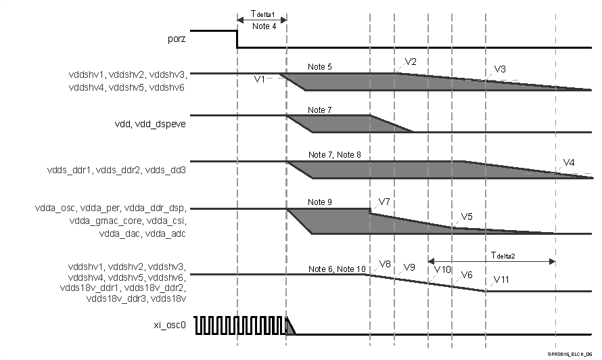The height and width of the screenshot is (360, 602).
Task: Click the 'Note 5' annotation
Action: (320, 67)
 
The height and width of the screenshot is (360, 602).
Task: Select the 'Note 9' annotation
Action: (320, 202)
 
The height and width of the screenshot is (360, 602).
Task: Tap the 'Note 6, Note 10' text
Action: (334, 269)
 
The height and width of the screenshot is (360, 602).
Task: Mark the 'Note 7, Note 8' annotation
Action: (334, 155)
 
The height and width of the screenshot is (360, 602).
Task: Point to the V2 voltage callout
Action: (411, 62)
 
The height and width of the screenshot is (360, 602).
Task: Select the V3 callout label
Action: (500, 69)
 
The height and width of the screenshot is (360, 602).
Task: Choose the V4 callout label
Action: (570, 162)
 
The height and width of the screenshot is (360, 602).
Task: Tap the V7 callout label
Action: (385, 202)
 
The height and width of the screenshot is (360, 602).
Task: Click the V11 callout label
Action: (502, 279)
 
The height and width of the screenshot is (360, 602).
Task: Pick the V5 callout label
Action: (466, 217)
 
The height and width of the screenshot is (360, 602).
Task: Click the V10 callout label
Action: (442, 269)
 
